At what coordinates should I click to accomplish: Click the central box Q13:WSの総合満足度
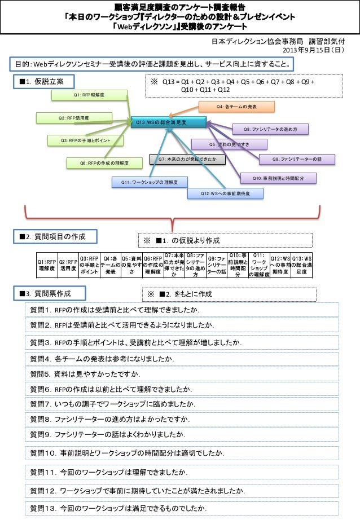pos(167,122)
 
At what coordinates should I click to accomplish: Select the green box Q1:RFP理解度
pos(90,95)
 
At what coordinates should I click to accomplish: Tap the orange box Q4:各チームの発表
pos(236,106)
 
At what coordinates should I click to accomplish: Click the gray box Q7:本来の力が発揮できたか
pos(187,160)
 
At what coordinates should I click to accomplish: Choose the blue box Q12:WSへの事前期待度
pos(226,193)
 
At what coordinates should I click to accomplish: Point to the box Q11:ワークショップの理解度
pos(150,182)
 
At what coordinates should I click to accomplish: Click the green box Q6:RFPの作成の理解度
pos(104,163)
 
